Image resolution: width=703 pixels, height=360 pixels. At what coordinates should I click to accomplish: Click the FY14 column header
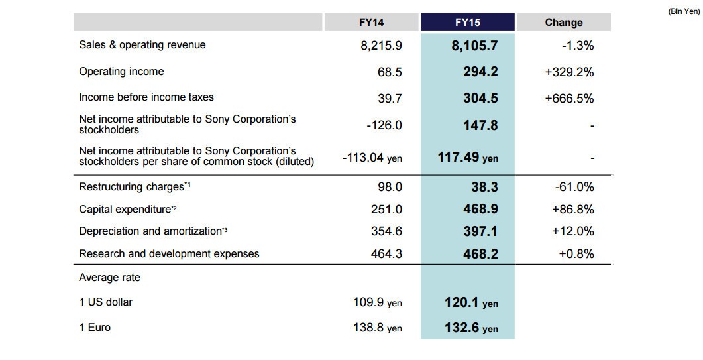371,23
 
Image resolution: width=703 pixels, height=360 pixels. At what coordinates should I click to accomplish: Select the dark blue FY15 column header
467,23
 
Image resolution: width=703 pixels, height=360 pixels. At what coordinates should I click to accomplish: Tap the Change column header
564,23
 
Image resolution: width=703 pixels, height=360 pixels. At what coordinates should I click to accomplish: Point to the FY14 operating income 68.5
390,72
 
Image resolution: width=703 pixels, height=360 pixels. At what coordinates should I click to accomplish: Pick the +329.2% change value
569,72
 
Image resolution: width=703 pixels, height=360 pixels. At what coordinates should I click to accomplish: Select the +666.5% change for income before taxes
569,98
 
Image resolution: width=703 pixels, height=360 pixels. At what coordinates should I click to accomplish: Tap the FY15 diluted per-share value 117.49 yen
468,158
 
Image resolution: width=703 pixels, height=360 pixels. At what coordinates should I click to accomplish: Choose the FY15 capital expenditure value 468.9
480,210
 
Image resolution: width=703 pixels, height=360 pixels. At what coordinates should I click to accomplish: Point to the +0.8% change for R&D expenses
576,254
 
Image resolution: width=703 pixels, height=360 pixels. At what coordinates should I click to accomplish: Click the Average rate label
109,278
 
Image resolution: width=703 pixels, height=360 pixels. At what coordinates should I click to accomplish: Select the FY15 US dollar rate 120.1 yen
471,303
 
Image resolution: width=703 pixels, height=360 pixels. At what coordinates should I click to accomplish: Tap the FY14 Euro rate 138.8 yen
377,328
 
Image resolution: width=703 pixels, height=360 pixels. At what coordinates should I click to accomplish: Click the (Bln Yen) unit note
684,11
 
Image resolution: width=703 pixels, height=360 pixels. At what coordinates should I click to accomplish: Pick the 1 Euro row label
95,328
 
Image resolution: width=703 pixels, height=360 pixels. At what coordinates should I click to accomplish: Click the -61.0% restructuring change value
574,187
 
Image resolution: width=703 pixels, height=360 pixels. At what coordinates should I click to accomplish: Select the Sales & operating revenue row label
142,45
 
